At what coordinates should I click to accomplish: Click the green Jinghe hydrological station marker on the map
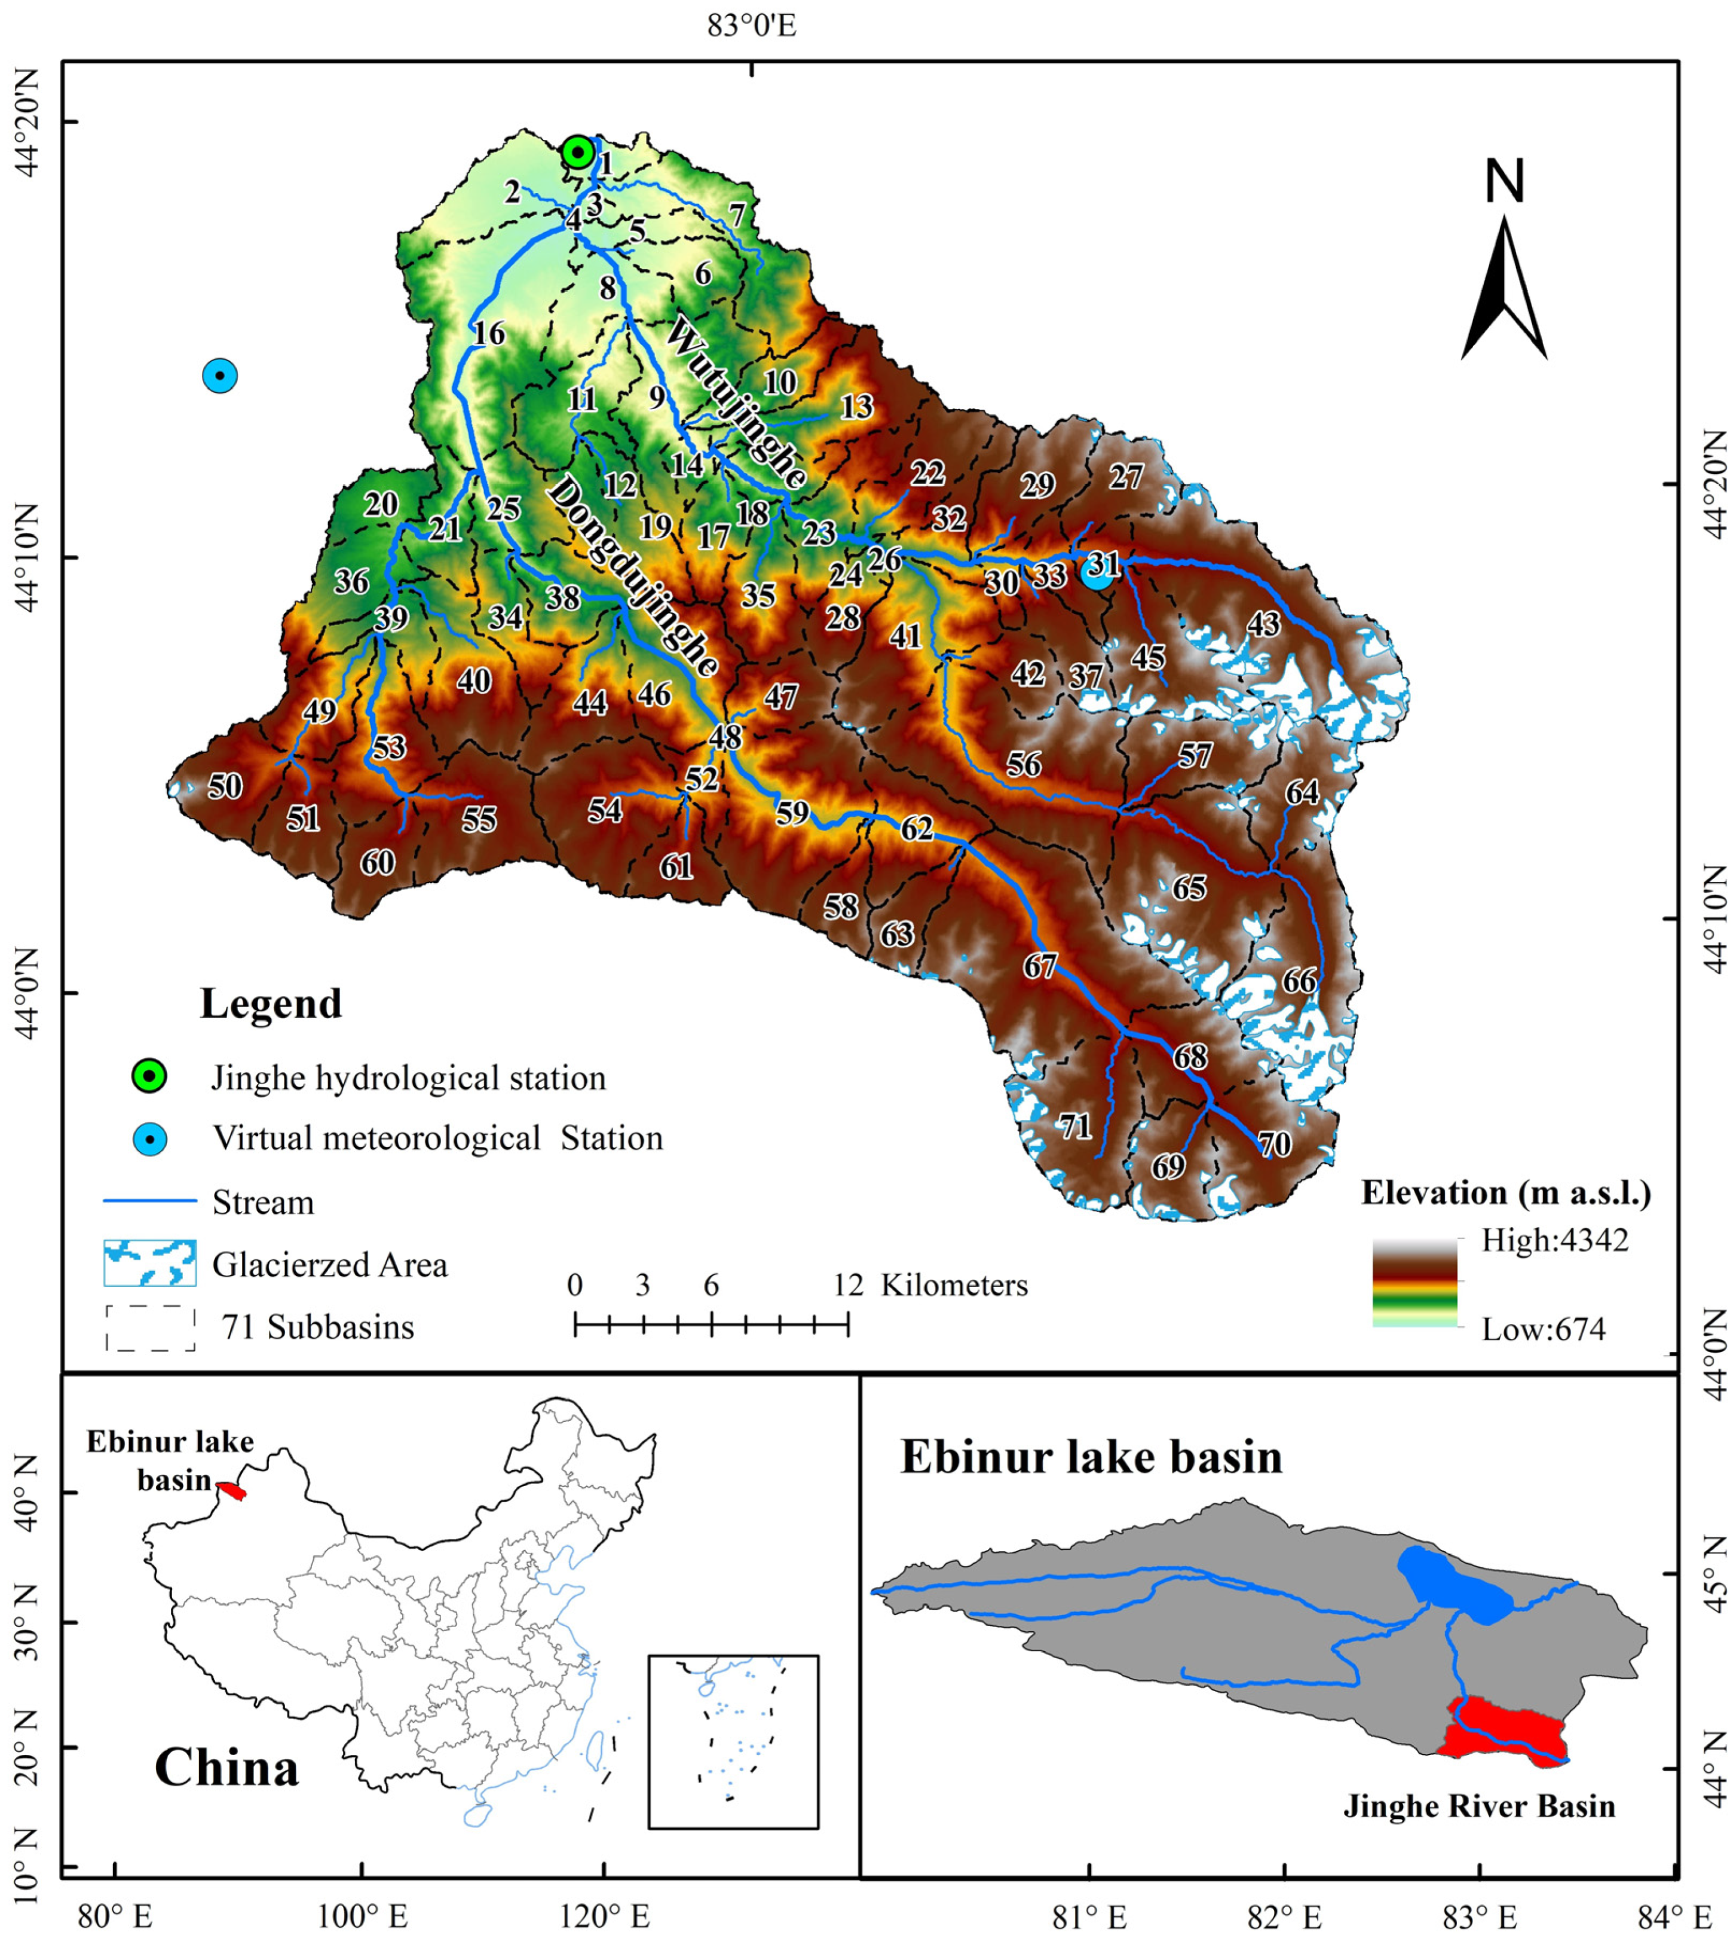point(577,152)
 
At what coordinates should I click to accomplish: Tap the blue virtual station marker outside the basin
point(221,376)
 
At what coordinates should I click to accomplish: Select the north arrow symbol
point(1504,286)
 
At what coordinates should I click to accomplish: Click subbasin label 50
point(225,786)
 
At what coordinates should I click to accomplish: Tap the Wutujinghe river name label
point(736,402)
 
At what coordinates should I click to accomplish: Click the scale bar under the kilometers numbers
point(712,1323)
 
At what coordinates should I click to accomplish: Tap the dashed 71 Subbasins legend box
point(150,1327)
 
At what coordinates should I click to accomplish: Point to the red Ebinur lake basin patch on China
point(232,1491)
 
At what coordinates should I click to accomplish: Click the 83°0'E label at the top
point(752,26)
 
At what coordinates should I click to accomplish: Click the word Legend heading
point(271,1004)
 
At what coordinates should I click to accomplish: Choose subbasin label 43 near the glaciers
point(1264,624)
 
